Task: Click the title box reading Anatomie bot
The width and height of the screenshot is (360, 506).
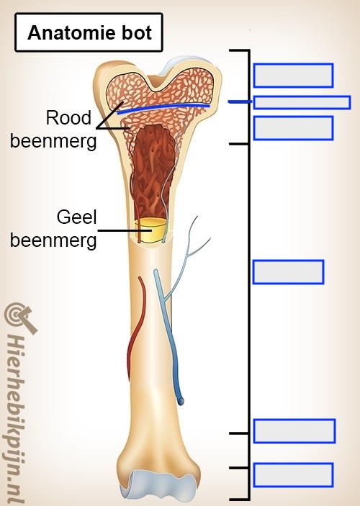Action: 89,33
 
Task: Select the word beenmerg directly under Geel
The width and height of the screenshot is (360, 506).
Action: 53,239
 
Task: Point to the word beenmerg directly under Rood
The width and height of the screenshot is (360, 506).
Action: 53,140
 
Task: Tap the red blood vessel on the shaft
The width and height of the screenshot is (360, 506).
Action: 136,324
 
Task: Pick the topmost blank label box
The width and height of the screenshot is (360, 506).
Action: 293,76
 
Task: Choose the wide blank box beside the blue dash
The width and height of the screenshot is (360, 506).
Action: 302,102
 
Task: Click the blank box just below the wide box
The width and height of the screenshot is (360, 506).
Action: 293,127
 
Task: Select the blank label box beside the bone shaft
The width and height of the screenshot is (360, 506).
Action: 288,272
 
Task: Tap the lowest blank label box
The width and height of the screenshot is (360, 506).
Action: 293,475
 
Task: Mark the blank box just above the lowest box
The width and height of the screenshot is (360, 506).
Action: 294,430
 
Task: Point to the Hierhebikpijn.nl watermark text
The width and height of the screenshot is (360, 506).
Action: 17,417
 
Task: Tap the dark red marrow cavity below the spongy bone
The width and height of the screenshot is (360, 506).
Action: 153,166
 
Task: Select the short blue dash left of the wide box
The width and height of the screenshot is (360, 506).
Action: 238,102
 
